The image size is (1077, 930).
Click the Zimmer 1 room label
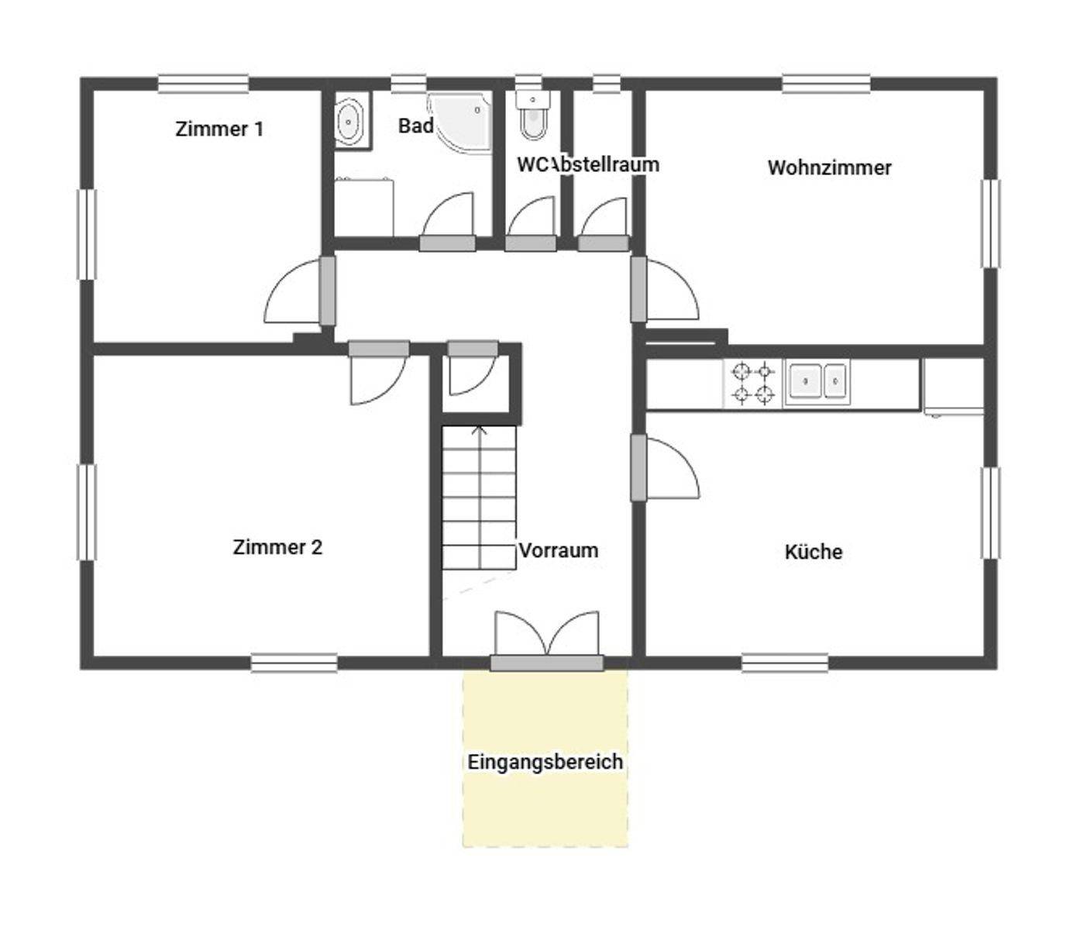pos(219,129)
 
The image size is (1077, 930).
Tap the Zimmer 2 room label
pos(277,547)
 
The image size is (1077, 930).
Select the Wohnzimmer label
pos(829,167)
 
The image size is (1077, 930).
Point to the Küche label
pos(813,552)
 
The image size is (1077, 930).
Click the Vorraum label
pos(559,550)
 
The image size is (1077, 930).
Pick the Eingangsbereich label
pos(545,762)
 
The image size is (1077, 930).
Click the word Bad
pos(415,126)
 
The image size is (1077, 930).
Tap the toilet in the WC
pos(533,118)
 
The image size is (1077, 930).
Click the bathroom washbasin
pos(350,122)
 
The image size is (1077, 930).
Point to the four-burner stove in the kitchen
pos(753,383)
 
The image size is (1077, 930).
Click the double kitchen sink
pos(818,381)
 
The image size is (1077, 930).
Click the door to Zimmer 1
pos(327,291)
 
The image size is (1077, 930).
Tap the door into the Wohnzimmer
pos(638,289)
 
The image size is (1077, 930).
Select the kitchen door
pos(638,467)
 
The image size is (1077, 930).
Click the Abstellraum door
pos(603,243)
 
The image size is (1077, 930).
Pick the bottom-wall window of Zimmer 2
pos(294,663)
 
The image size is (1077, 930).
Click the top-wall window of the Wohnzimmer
pos(826,84)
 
